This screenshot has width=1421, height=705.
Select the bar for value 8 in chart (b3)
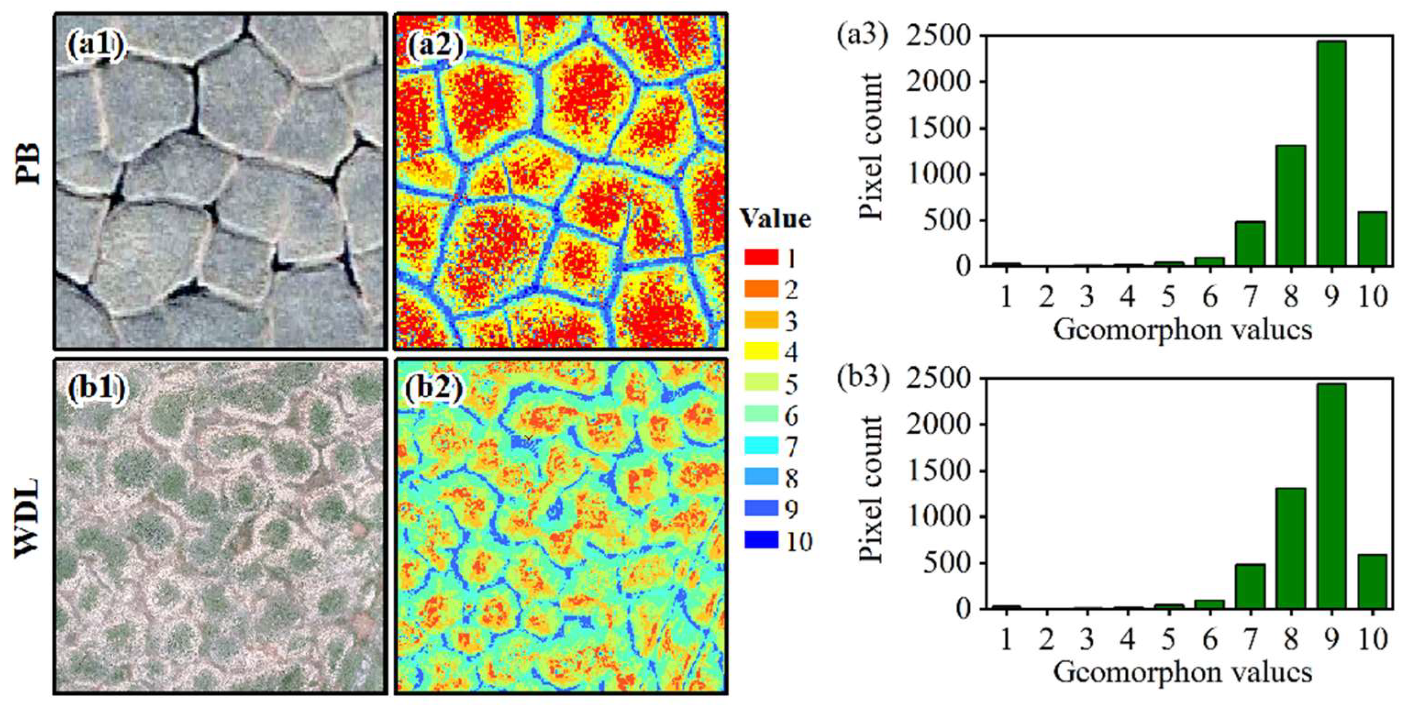click(1290, 548)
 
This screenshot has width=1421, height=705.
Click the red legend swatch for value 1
click(761, 257)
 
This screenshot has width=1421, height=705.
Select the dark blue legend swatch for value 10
click(761, 540)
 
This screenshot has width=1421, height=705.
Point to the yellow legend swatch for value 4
click(761, 351)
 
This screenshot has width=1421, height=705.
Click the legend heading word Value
click(775, 219)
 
